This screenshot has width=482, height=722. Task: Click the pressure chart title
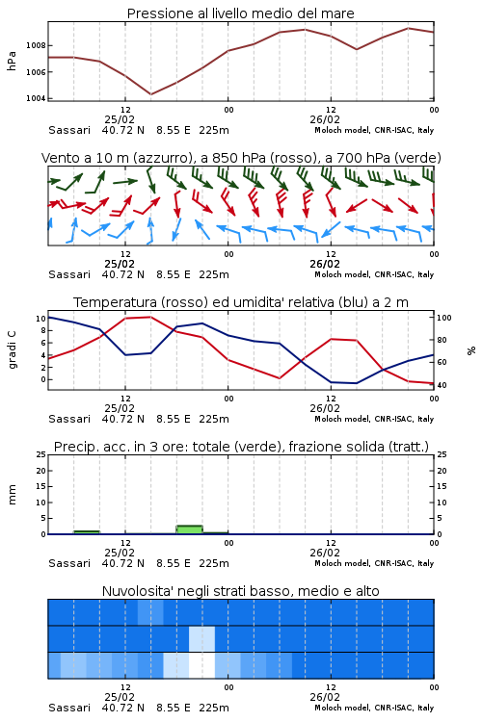(x=240, y=13)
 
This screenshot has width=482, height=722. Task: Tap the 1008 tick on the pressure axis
(x=36, y=45)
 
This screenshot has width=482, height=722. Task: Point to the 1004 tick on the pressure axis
(x=36, y=98)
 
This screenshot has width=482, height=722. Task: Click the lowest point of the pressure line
(x=150, y=94)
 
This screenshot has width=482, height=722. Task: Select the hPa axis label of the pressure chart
(x=12, y=62)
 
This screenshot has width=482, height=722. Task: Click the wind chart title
(x=241, y=158)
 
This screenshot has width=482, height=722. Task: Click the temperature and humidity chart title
(x=241, y=302)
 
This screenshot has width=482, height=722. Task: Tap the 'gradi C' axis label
(x=12, y=349)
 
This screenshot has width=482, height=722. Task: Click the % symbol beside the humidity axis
(x=471, y=350)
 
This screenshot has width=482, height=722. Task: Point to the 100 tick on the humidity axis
(x=443, y=318)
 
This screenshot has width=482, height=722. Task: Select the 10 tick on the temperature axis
(x=40, y=319)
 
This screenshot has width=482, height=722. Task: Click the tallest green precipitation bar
(x=190, y=529)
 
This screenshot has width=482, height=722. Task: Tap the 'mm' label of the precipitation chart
(x=12, y=495)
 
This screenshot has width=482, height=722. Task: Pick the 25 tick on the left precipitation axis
(x=40, y=454)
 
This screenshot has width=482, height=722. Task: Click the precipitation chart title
(x=241, y=447)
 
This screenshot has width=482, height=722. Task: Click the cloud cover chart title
(x=240, y=591)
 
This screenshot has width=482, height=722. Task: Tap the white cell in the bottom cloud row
(x=202, y=665)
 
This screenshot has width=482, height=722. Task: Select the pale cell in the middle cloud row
(x=202, y=639)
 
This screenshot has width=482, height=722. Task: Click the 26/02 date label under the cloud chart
(x=325, y=697)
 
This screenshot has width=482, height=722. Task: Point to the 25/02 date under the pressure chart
(x=120, y=119)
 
